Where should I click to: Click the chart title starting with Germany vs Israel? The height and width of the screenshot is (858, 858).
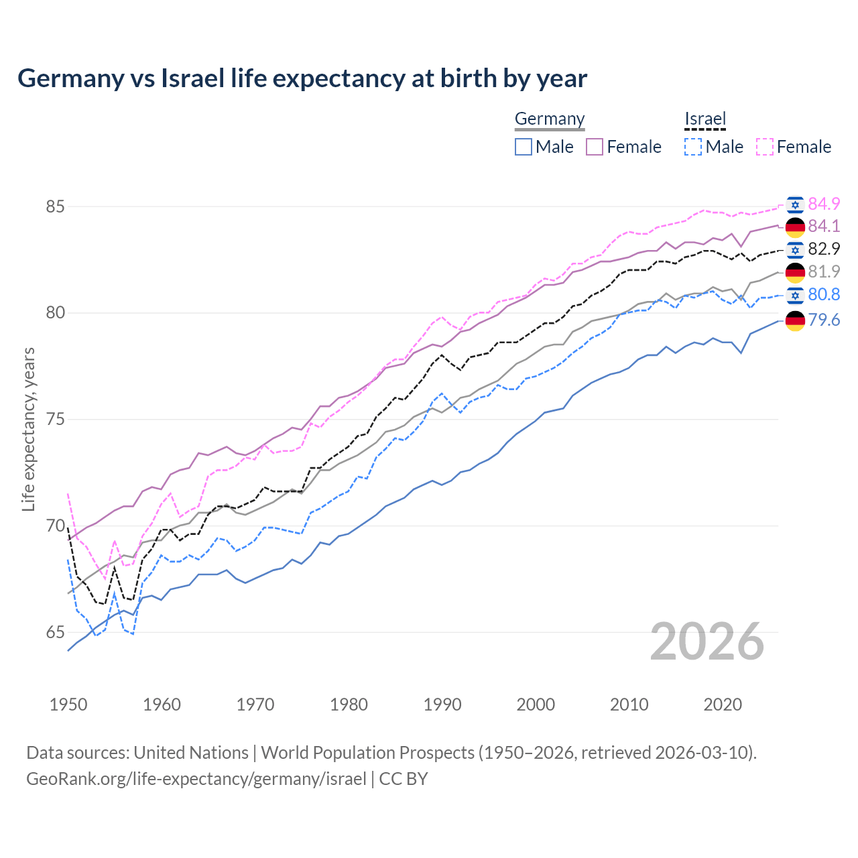click(x=302, y=78)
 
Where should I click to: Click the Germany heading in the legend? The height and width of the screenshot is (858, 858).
click(x=550, y=119)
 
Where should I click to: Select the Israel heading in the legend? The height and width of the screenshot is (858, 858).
click(x=705, y=119)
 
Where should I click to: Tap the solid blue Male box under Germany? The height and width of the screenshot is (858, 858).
click(x=524, y=147)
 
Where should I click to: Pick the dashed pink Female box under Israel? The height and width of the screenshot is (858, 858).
click(x=765, y=147)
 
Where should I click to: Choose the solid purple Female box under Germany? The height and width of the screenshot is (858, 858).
click(x=595, y=147)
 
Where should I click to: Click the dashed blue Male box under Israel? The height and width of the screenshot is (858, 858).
click(x=693, y=147)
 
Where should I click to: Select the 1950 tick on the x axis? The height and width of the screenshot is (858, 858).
click(x=68, y=704)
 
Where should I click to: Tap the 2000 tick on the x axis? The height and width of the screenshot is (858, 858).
click(x=536, y=704)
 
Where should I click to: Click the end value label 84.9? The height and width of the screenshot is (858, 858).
click(x=824, y=204)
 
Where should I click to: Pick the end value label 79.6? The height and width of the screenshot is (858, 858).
click(x=824, y=320)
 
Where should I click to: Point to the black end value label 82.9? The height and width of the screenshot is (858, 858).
click(x=824, y=249)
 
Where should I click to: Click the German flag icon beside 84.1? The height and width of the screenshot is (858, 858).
click(x=795, y=227)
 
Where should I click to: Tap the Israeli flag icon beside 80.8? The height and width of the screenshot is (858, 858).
click(x=795, y=296)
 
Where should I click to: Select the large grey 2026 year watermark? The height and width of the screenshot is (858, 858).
click(x=707, y=642)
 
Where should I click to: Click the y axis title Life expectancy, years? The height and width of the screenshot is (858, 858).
click(x=29, y=429)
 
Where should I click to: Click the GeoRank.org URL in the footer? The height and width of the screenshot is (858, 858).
click(x=196, y=779)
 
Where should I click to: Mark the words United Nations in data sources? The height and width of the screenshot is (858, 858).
click(x=191, y=753)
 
